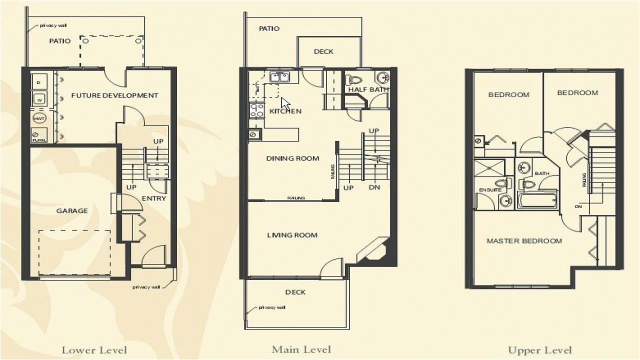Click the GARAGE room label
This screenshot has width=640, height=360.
click(x=72, y=211)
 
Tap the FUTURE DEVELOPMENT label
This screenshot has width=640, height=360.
click(x=114, y=95)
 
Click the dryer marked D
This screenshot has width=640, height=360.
click(x=39, y=81)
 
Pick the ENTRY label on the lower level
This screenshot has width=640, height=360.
click(x=153, y=198)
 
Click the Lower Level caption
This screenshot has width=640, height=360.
click(x=94, y=350)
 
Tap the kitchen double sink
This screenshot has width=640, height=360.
click(x=279, y=77)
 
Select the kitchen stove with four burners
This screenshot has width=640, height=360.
click(x=257, y=110)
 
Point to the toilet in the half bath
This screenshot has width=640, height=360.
click(x=354, y=80)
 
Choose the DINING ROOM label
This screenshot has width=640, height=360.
click(x=292, y=158)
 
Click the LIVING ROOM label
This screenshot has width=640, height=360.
click(x=292, y=235)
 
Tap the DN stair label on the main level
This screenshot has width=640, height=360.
click(x=374, y=188)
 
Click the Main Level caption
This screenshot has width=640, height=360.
click(x=301, y=349)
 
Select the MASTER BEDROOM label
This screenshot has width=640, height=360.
click(x=524, y=241)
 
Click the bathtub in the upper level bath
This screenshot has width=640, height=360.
click(x=537, y=200)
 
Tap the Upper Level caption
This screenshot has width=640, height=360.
click(x=540, y=350)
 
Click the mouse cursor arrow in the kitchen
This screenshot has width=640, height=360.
click(x=285, y=103)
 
